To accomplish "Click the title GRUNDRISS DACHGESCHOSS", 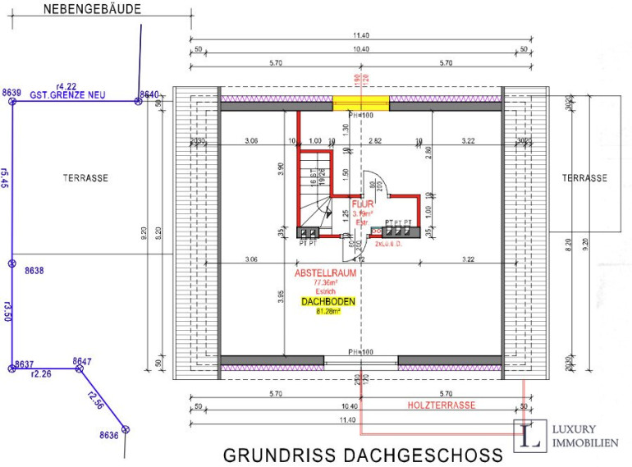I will coord(363,455).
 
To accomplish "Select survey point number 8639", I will coord(11,93).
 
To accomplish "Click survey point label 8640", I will coord(149,94).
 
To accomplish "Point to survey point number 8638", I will coord(34,270).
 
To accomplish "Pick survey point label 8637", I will coord(24,364).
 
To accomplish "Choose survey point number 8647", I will coord(82,360).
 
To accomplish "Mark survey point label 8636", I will coord(109,435).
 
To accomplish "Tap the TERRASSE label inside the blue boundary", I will coord(85,177).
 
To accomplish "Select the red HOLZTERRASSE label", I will coord(442,405).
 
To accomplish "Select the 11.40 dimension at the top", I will coord(361,35).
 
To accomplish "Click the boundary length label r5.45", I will coord(6,178).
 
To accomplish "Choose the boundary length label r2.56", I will coord(95,402).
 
